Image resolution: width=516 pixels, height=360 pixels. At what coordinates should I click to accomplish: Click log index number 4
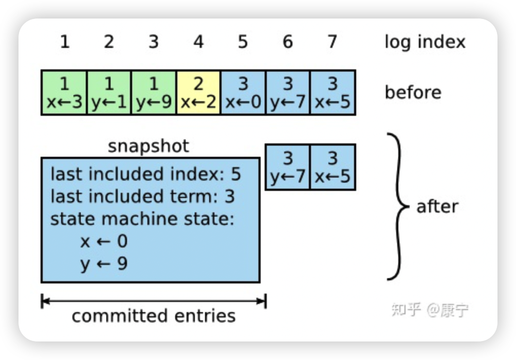tap(198, 42)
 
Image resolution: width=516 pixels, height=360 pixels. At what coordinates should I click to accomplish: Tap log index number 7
tap(333, 42)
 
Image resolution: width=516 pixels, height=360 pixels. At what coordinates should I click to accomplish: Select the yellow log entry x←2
tap(198, 93)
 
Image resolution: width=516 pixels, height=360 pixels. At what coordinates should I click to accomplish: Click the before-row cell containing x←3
tap(64, 93)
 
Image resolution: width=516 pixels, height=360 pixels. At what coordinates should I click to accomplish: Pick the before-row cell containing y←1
tap(109, 93)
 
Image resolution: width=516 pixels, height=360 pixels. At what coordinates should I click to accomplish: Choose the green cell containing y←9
tap(154, 93)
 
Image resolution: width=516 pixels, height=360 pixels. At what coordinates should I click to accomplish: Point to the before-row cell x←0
tap(243, 93)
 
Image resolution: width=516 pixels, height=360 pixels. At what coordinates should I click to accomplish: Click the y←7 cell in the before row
tap(288, 93)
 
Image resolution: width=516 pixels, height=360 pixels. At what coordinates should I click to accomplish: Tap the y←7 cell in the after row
tap(288, 167)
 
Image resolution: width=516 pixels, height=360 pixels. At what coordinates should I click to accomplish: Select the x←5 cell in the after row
tap(333, 167)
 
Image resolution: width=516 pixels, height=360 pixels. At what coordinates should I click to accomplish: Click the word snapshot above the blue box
tap(149, 146)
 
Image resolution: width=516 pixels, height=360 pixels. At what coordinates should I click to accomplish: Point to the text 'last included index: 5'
tap(146, 174)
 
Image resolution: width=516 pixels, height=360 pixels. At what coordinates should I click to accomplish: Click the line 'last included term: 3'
tap(142, 196)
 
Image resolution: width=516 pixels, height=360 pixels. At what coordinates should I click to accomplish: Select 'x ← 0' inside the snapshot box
tap(104, 241)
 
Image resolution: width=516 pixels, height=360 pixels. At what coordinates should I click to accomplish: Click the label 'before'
tap(413, 93)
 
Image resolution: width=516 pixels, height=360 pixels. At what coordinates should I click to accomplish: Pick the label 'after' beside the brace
tap(437, 207)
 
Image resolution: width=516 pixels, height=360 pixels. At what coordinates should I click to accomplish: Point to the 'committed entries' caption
tap(154, 316)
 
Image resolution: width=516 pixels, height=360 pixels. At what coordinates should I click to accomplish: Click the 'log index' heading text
tap(425, 42)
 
